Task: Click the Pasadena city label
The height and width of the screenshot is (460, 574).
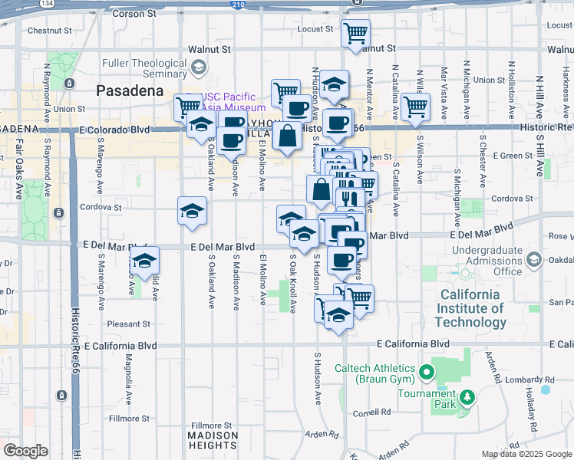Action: pos(130,90)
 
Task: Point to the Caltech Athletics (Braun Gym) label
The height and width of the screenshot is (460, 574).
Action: pos(374,373)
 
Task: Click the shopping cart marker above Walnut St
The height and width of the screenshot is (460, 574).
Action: pos(355,34)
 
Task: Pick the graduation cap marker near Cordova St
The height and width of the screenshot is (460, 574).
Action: pos(192,212)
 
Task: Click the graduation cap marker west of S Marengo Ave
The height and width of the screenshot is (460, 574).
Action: pos(144,261)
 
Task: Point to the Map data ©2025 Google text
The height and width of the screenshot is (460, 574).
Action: pos(526,454)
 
